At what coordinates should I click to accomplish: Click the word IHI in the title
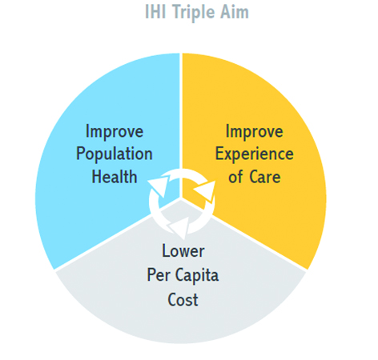point(156,12)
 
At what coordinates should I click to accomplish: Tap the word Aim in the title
point(234,12)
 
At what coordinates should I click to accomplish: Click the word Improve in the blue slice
point(115,132)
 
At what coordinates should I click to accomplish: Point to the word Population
point(115,154)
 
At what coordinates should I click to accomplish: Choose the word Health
point(115,177)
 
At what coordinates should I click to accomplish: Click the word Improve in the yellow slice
point(254,132)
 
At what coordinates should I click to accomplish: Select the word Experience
point(255,154)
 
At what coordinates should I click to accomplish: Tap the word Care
point(265,177)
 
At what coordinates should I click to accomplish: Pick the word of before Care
point(235,177)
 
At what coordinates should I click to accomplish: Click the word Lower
point(183,251)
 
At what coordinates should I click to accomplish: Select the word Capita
point(197,276)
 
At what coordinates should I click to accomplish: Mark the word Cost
point(183,299)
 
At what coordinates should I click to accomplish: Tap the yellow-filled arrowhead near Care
point(206,190)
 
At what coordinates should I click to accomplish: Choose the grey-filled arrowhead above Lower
point(179,228)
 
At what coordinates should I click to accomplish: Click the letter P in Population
point(81,154)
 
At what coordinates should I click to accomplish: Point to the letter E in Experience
point(220,154)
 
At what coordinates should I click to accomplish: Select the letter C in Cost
point(173,299)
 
